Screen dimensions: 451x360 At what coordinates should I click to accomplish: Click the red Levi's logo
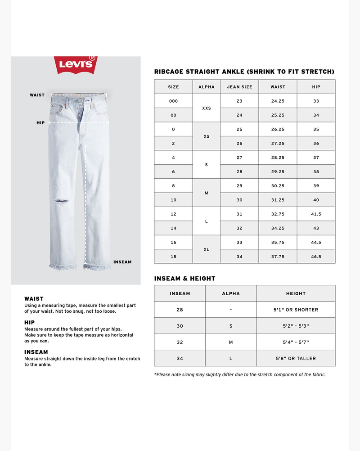click(x=76, y=65)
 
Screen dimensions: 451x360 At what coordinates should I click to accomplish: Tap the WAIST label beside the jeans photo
click(x=37, y=95)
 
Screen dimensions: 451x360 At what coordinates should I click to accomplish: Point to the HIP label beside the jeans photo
click(x=40, y=122)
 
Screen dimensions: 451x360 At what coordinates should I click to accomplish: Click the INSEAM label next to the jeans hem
click(x=122, y=262)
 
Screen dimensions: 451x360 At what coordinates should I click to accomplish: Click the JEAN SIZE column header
click(x=239, y=87)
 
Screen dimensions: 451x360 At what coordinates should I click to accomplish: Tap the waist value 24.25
click(x=278, y=101)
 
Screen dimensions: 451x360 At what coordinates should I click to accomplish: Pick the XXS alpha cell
click(x=207, y=108)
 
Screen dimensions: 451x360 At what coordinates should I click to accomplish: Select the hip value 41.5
click(x=316, y=214)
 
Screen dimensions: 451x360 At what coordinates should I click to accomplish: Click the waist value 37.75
click(x=278, y=257)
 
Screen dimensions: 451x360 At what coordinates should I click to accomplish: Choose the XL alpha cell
click(x=207, y=249)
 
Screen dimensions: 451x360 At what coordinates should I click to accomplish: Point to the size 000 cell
click(x=173, y=101)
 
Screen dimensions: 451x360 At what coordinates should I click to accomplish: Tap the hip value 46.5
click(x=316, y=257)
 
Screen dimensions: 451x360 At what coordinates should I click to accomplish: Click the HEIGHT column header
click(x=296, y=293)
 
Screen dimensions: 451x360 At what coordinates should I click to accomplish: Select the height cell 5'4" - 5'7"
click(x=296, y=342)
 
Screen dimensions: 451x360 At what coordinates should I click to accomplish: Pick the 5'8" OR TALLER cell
click(x=296, y=358)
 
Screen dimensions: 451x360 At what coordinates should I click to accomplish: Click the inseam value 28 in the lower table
click(x=180, y=310)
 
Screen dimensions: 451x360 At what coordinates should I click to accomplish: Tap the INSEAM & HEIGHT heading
click(x=184, y=279)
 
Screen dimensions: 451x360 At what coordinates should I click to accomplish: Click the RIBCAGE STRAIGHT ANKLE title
click(x=244, y=72)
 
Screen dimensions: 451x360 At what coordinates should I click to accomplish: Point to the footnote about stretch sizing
click(x=240, y=374)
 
